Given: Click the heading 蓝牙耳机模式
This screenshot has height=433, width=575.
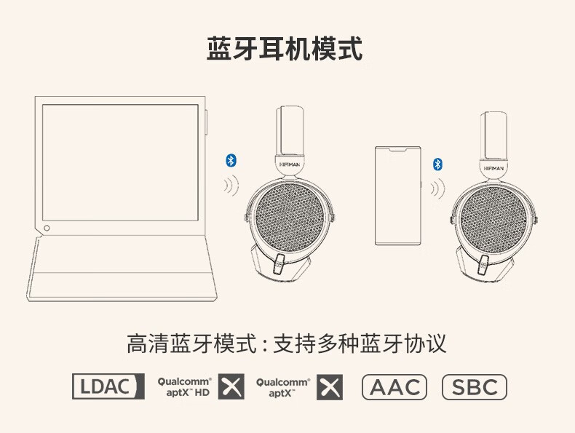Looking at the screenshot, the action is pyautogui.click(x=285, y=49).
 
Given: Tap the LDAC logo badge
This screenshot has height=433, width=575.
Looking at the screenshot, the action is pyautogui.click(x=108, y=386).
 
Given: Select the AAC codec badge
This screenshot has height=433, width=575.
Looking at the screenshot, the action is pyautogui.click(x=394, y=387).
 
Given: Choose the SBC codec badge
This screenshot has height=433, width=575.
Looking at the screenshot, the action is pyautogui.click(x=475, y=387).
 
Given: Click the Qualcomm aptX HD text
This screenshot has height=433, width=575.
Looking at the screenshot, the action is pyautogui.click(x=184, y=387).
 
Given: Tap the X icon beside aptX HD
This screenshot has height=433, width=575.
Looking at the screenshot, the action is pyautogui.click(x=231, y=387).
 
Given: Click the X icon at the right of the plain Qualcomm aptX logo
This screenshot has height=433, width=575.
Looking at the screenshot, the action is pyautogui.click(x=330, y=387).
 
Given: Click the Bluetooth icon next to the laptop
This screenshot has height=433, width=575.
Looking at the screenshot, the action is pyautogui.click(x=231, y=160).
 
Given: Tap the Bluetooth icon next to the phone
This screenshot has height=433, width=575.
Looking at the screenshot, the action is pyautogui.click(x=437, y=164).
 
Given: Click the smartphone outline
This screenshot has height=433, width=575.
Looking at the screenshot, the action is pyautogui.click(x=398, y=196).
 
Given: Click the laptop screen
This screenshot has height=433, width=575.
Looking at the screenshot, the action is pyautogui.click(x=120, y=162).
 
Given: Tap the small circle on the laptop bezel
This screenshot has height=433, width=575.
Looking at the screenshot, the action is pyautogui.click(x=47, y=228).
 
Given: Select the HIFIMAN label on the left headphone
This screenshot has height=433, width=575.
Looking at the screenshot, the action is pyautogui.click(x=290, y=164).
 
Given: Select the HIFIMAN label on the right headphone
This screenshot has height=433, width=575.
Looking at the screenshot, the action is pyautogui.click(x=493, y=169).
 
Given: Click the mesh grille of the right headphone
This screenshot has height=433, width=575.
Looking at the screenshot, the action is pyautogui.click(x=493, y=220).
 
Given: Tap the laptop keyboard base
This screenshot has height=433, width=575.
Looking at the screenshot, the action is pyautogui.click(x=122, y=269).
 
